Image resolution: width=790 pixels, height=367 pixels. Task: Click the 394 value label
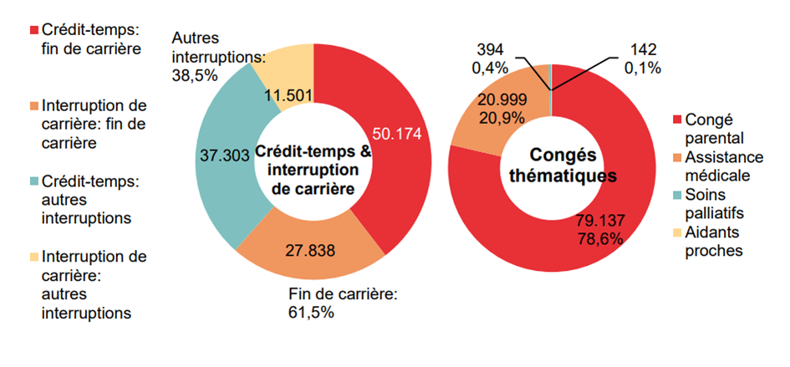(x=487, y=48)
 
